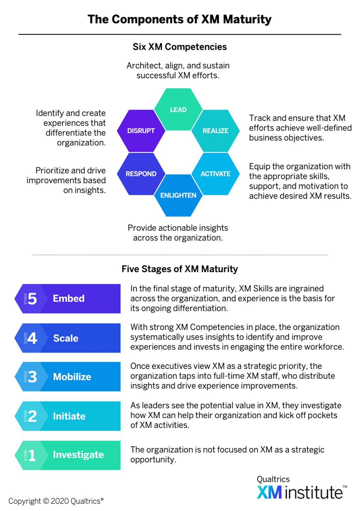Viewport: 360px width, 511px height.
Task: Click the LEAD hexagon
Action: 178,109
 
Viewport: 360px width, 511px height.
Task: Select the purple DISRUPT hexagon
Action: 141,131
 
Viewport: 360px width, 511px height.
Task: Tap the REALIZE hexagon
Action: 215,131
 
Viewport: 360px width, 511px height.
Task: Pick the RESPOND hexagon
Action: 141,174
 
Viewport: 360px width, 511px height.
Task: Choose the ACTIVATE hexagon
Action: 215,174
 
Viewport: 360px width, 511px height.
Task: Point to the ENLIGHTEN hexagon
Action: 178,195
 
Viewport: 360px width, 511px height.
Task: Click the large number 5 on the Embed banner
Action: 32,299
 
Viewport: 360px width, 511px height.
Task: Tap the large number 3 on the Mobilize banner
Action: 32,377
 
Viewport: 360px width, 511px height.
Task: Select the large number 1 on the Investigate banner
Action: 32,455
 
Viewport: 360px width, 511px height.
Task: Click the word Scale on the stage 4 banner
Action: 66,338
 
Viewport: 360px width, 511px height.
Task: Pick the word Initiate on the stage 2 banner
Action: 69,416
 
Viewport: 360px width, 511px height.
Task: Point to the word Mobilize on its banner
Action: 72,377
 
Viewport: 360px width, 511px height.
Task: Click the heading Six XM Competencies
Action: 180,47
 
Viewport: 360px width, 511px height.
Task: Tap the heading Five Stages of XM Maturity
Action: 180,269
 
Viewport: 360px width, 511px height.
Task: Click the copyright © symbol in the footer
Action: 46,501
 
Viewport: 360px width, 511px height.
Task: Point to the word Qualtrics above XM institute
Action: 273,479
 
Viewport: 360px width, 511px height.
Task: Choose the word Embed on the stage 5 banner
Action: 69,298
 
